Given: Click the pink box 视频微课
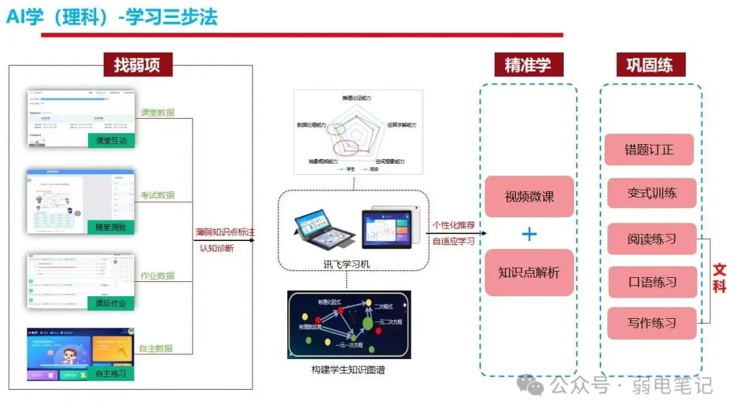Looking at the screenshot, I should click(x=529, y=197).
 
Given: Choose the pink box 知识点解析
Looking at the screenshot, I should click(x=529, y=272).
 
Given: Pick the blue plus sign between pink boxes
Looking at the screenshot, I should click(x=529, y=234).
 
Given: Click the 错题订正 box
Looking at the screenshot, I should click(x=649, y=149).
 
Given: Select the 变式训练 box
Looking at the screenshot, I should click(x=652, y=193).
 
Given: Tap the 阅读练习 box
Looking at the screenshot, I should click(x=652, y=240).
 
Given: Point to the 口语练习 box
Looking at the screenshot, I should click(x=652, y=281).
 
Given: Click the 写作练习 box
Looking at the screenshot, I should click(x=652, y=323).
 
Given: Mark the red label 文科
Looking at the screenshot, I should click(x=719, y=278).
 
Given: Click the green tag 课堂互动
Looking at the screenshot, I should click(x=111, y=141).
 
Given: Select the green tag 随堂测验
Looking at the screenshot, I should click(x=111, y=227).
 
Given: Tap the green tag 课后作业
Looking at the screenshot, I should click(x=111, y=303).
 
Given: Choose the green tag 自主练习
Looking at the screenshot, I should click(x=111, y=373).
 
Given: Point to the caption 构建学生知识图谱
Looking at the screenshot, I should click(x=348, y=370).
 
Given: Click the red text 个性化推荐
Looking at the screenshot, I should click(x=454, y=225).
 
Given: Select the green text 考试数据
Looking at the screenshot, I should click(x=157, y=195).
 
